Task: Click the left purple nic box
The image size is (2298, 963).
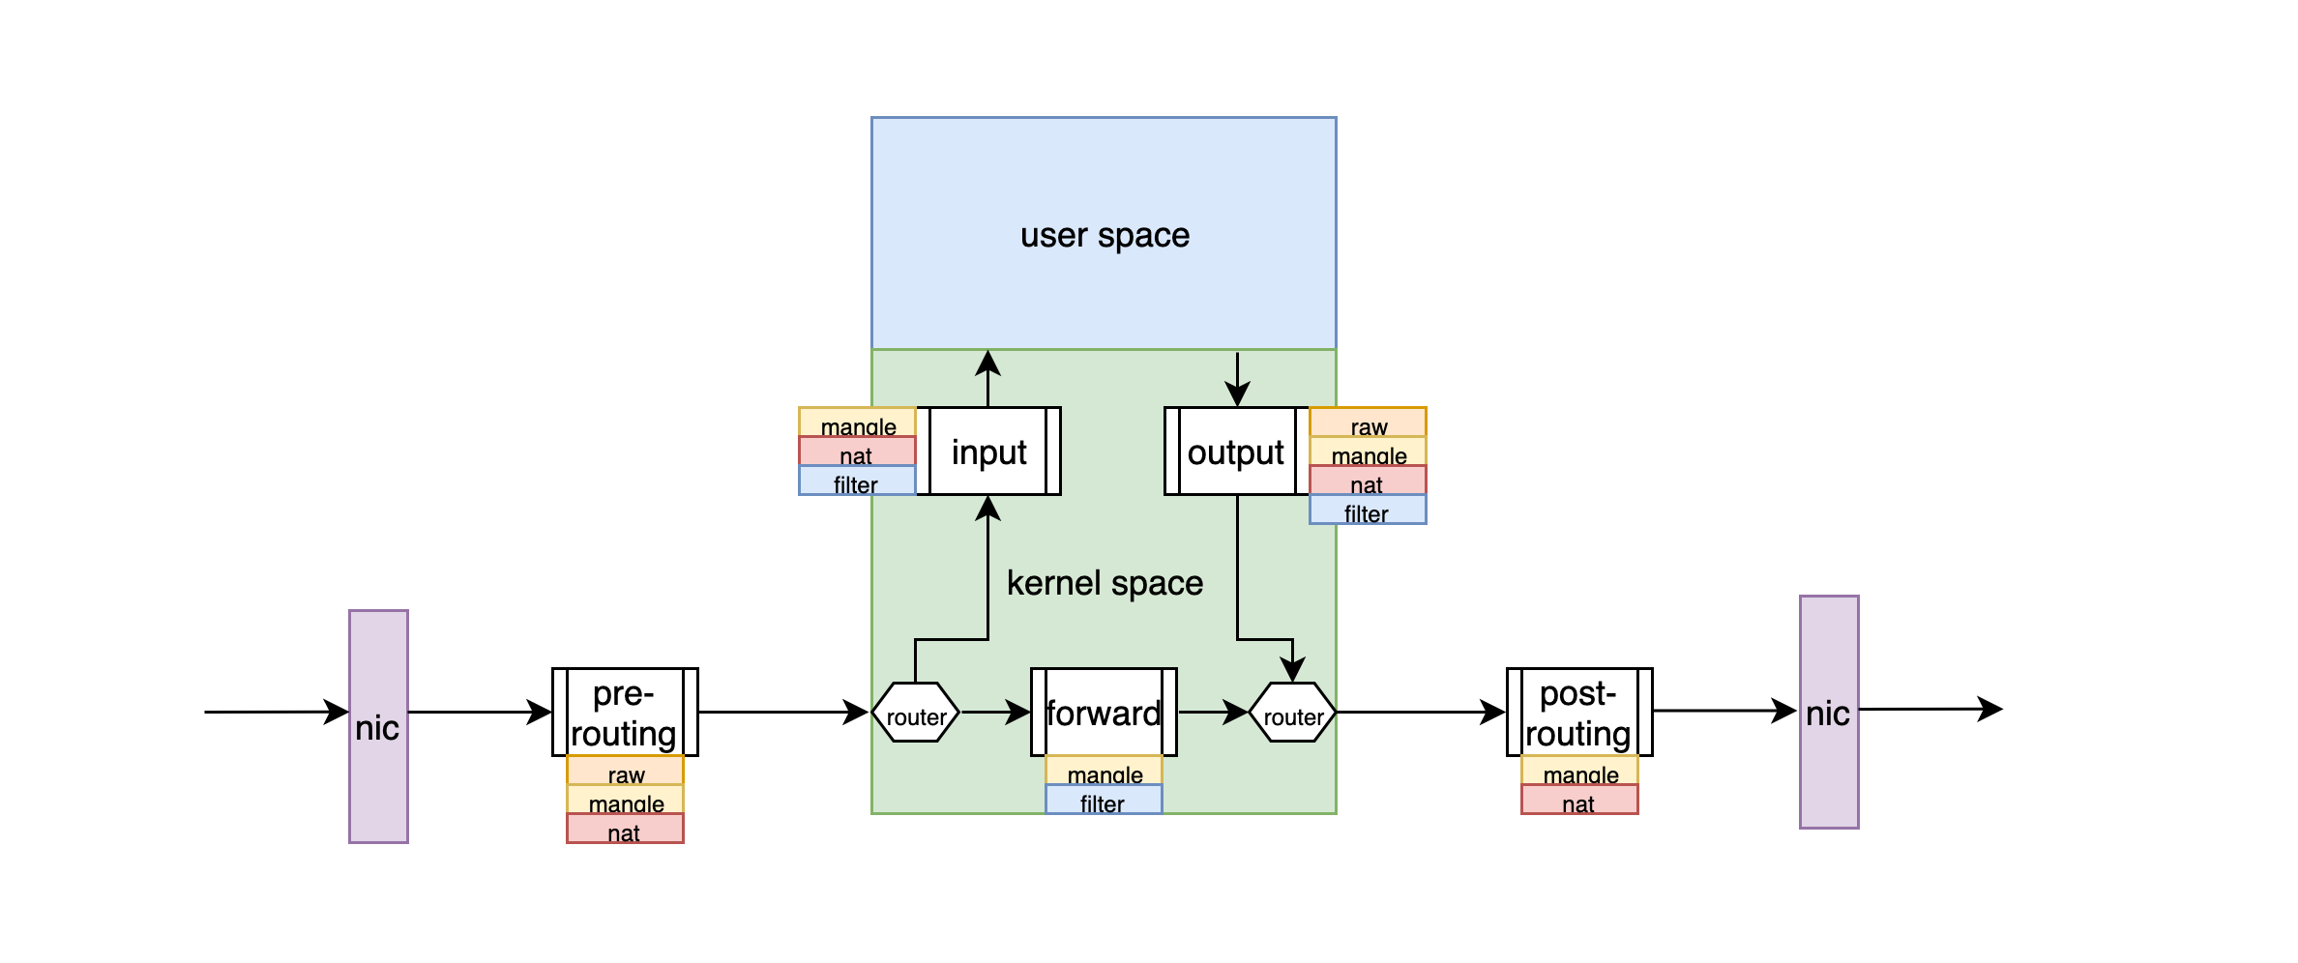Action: click(378, 726)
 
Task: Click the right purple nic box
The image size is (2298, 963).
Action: click(1828, 712)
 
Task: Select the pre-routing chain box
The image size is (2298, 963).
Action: click(625, 713)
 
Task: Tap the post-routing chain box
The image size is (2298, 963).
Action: click(1578, 713)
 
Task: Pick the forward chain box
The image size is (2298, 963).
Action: click(1104, 713)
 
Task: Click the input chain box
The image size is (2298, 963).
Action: click(988, 452)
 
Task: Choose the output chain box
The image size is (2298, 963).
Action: click(1236, 452)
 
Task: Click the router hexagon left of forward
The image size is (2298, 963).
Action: click(915, 714)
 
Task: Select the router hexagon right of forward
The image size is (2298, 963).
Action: click(1292, 714)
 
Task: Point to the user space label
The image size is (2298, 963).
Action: click(1105, 235)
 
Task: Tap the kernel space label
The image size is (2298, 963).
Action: click(1105, 583)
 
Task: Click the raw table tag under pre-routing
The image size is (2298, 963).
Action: click(625, 772)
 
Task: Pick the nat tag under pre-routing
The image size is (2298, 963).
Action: click(625, 830)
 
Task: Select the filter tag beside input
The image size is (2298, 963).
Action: click(857, 481)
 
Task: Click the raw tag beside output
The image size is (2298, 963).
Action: click(1368, 423)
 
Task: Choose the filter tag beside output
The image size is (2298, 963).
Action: click(1368, 511)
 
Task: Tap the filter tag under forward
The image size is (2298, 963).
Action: click(1104, 801)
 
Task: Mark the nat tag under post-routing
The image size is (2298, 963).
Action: click(1579, 801)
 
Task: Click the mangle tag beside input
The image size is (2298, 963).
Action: click(857, 423)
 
